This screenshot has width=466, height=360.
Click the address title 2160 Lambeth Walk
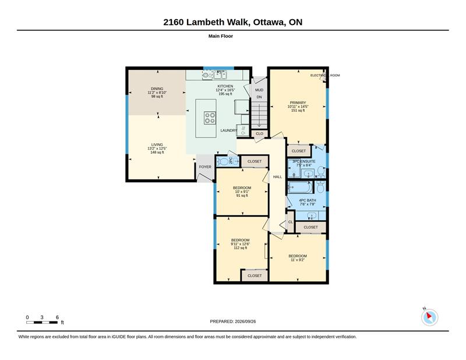208,22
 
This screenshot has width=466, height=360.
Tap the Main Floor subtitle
221,36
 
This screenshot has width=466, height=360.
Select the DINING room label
157,89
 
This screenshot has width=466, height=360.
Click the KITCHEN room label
225,86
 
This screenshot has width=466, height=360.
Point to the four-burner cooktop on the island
210,118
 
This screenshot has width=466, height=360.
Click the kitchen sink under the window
220,75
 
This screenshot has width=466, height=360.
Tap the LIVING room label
157,145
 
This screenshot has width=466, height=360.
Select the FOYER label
205,167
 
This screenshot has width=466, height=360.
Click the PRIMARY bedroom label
298,103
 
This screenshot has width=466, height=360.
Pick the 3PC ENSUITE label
303,161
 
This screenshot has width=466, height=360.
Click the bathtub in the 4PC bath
300,188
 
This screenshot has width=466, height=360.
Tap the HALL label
278,177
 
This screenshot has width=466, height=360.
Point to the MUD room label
259,90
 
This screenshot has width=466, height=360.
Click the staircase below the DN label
260,115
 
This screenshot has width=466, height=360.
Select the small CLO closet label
259,134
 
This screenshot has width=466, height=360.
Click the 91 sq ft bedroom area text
242,196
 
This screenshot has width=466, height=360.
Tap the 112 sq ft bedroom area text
241,248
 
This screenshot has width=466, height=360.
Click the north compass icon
429,317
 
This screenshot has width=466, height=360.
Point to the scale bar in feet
42,322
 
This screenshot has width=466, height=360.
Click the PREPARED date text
233,322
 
